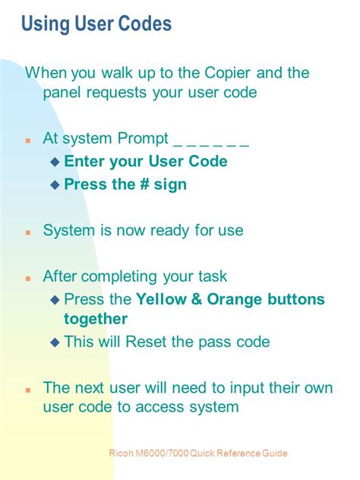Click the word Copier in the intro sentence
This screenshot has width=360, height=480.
tap(227, 73)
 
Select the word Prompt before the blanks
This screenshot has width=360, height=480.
tap(143, 139)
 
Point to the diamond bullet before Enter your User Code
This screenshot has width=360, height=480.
tap(55, 162)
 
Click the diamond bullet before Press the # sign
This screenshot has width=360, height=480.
tap(55, 185)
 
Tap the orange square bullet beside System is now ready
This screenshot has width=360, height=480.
tap(28, 232)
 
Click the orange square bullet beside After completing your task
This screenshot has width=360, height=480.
tap(28, 278)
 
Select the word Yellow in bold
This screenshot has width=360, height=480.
tap(161, 299)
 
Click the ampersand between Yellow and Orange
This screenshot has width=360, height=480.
tap(197, 299)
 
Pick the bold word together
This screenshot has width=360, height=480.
tap(96, 320)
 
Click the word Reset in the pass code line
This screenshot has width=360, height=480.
tap(146, 341)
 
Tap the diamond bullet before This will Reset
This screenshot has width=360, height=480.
tap(55, 342)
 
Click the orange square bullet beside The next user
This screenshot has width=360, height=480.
tap(28, 390)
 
